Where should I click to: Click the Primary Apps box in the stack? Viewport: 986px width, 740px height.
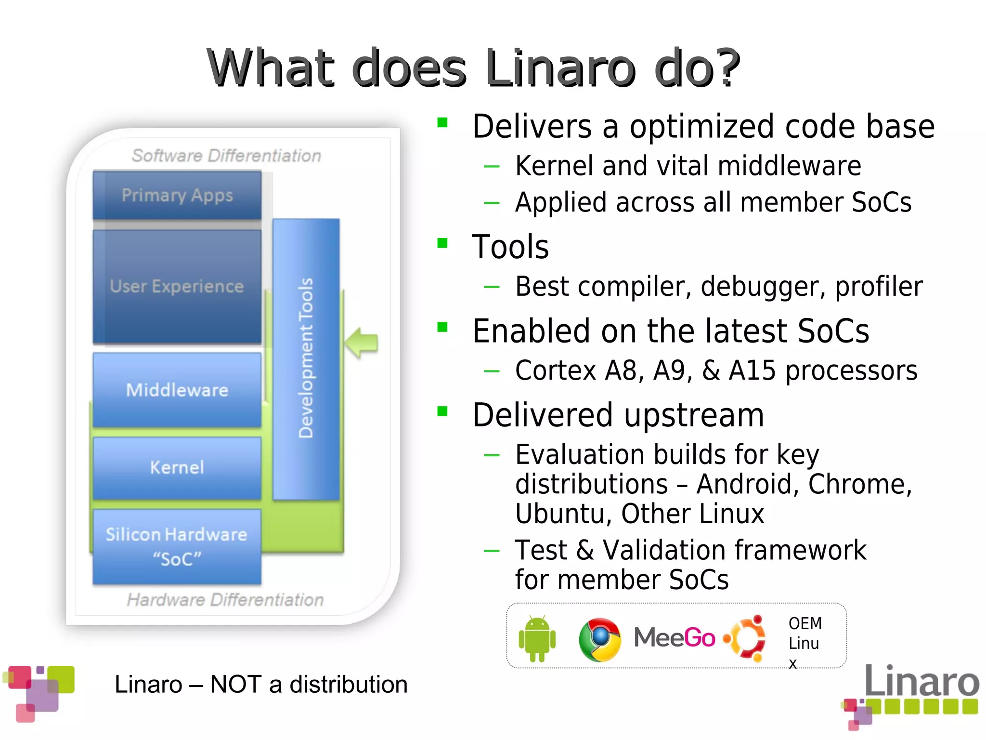pos(177,195)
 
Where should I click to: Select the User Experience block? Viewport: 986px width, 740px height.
pos(177,286)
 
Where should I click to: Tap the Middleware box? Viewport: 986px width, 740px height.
pos(177,390)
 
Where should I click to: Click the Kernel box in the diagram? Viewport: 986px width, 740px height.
pos(177,467)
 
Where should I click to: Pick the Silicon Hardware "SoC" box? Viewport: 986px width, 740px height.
pos(177,547)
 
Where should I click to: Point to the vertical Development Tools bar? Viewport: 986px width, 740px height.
pos(306,359)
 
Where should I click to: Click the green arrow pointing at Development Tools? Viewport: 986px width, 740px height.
pos(362,343)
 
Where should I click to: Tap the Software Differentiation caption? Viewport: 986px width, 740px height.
pos(226,156)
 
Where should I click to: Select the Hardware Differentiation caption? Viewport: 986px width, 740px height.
pos(225,600)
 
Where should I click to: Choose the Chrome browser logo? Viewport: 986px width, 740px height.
pos(600,639)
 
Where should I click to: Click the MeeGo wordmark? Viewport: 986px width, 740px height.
pos(674,638)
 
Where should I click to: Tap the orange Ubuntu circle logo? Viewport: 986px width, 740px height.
pos(745,638)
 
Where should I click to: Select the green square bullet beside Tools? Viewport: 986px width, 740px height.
pos(442,243)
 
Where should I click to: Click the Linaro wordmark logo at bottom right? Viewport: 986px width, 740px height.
pos(921,680)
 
